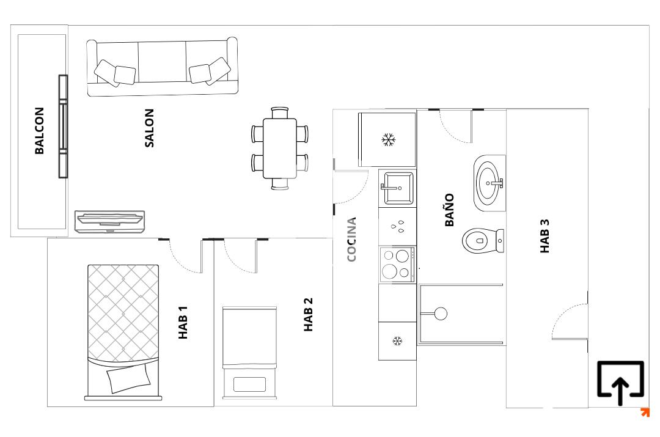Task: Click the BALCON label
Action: [39, 131]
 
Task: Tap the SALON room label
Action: [150, 128]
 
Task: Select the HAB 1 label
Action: [183, 322]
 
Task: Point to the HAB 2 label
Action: [309, 315]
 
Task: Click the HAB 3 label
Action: [545, 236]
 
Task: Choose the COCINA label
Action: [351, 239]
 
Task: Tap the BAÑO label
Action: [450, 210]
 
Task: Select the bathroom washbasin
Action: [489, 183]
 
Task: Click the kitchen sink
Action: [397, 188]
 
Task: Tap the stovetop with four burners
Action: [397, 265]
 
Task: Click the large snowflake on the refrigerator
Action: [389, 139]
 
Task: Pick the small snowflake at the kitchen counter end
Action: [397, 340]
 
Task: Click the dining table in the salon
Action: [280, 148]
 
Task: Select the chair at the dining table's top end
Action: [280, 113]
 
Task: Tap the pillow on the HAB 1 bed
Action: [128, 378]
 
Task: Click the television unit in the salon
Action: [110, 221]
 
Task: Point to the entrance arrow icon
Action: [620, 382]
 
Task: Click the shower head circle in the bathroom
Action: [441, 314]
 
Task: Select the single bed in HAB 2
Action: [249, 353]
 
